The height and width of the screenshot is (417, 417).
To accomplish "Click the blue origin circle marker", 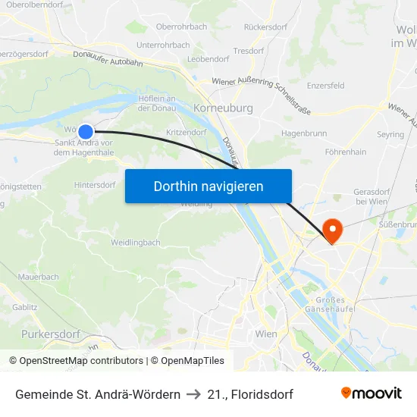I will pyautogui.click(x=86, y=131).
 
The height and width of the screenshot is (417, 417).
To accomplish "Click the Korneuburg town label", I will pyautogui.click(x=223, y=108).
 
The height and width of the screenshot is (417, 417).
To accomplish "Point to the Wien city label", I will pyautogui.click(x=266, y=334).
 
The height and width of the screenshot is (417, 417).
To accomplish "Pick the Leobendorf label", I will pyautogui.click(x=208, y=58).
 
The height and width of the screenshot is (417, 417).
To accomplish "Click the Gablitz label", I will pyautogui.click(x=25, y=307).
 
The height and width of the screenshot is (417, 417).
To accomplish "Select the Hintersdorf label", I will pyautogui.click(x=95, y=185).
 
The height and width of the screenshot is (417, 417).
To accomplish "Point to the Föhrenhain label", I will pyautogui.click(x=345, y=152).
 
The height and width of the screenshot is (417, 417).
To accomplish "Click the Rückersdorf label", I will pyautogui.click(x=265, y=27).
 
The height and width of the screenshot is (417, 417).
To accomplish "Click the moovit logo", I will pyautogui.click(x=371, y=393).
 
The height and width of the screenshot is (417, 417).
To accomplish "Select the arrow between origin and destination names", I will pyautogui.click(x=193, y=394).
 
